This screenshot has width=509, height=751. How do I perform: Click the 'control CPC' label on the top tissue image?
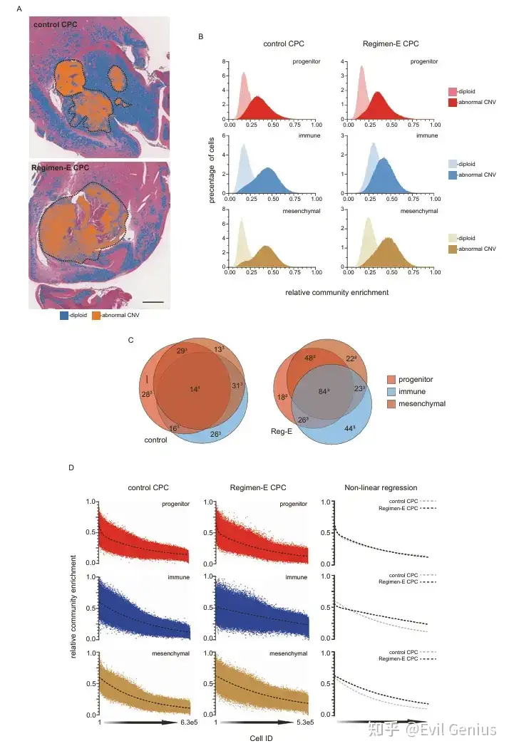pyautogui.click(x=55, y=26)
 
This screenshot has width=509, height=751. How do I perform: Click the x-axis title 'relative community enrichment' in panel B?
pyautogui.click(x=327, y=292)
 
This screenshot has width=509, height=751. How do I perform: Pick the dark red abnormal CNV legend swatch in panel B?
pyautogui.click(x=452, y=103)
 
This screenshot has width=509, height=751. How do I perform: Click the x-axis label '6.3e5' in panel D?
pyautogui.click(x=189, y=723)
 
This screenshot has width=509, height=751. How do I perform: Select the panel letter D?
pyautogui.click(x=71, y=468)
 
